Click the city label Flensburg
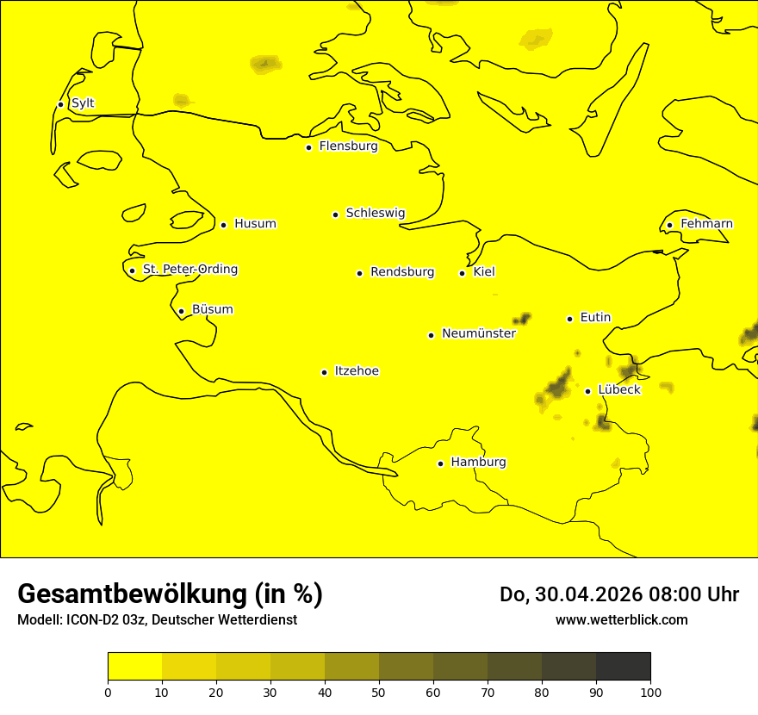tap(348, 146)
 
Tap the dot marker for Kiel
tap(463, 273)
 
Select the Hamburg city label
tap(478, 463)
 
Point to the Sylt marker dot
tap(60, 104)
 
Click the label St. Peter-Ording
tap(189, 270)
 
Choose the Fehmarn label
tap(706, 224)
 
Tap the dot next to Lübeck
tap(588, 391)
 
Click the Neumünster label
tap(478, 333)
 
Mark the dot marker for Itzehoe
tap(324, 372)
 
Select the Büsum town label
tap(212, 310)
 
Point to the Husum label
tap(255, 224)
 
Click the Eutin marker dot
tap(569, 319)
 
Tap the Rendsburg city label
tap(402, 272)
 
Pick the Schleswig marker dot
tap(335, 214)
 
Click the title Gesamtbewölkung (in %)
tap(170, 594)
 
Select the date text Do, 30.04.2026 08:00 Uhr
tap(619, 594)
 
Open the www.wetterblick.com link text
tap(621, 619)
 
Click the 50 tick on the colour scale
tap(379, 692)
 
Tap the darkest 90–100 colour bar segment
tap(623, 667)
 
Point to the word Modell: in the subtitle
tap(40, 620)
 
